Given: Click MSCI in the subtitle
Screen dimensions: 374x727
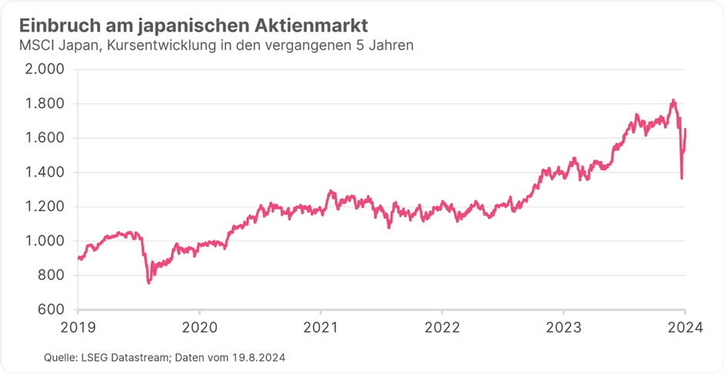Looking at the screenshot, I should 35,46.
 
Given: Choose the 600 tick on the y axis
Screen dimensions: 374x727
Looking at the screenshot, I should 54,309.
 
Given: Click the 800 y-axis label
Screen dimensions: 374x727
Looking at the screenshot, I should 54,276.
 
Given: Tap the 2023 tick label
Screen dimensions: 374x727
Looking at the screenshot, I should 563,326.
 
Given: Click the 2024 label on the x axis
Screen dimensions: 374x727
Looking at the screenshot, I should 684,326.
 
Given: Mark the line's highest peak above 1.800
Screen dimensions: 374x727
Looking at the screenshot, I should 673,100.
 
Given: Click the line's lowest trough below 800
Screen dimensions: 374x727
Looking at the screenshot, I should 148,283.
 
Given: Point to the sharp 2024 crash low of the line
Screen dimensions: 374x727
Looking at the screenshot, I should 682,179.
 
